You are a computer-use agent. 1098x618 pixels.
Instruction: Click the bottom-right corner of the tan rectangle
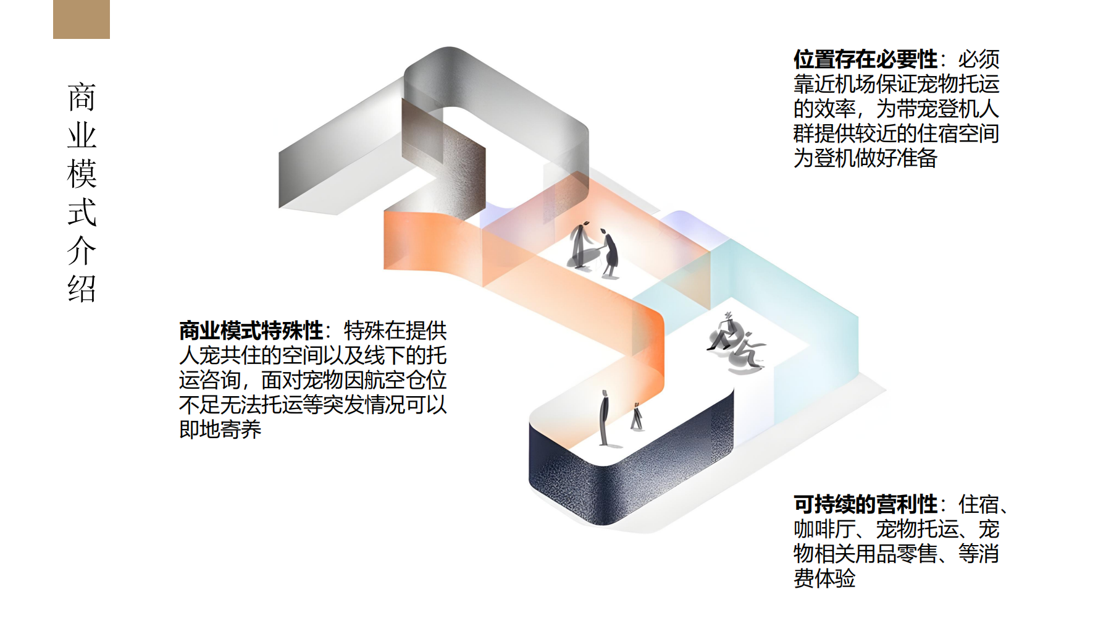tap(109, 38)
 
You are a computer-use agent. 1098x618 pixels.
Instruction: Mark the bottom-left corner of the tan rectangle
tap(54, 38)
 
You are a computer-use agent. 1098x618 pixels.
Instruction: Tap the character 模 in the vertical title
tap(82, 174)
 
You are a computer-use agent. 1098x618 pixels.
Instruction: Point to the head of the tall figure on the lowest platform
tap(605, 394)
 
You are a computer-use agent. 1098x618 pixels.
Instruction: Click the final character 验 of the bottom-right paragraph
tap(845, 578)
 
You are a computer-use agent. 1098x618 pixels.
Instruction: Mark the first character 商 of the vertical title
tap(82, 97)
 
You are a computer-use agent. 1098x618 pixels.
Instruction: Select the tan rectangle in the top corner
tap(82, 19)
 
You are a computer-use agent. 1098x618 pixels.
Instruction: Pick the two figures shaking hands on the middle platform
tap(594, 248)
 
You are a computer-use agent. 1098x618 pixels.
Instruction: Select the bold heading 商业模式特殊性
tap(251, 331)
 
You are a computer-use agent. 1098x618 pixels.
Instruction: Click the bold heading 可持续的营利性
tap(866, 504)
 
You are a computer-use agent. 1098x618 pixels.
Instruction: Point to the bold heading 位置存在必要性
tap(866, 59)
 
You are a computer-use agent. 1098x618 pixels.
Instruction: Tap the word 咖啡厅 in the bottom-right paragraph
tap(824, 529)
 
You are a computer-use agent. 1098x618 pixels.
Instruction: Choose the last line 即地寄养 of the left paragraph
tap(220, 429)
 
